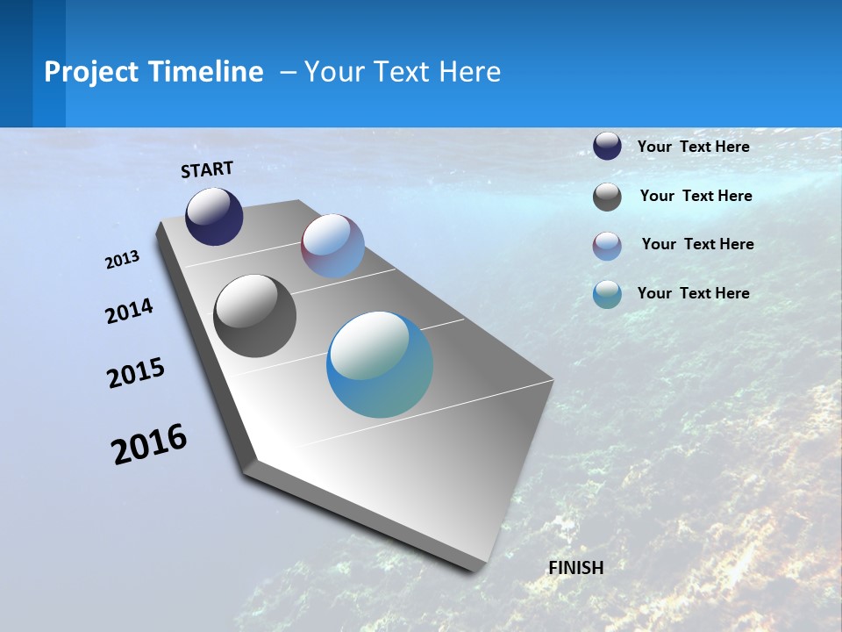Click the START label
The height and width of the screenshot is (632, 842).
coord(207,169)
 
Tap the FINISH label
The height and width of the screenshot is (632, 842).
coord(576,568)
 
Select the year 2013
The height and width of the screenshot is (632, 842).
coord(123,260)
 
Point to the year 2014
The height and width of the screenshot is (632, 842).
coord(130,311)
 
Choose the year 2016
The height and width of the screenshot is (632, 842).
coord(149,444)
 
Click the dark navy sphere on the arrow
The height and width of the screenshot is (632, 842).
coord(214,217)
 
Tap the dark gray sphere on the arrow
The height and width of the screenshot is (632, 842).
coord(254,316)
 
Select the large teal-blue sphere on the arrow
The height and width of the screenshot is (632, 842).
coord(380,364)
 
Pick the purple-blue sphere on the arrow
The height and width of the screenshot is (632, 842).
coord(332,246)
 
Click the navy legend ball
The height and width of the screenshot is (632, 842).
coord(607,146)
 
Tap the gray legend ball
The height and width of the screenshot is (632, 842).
coord(607,197)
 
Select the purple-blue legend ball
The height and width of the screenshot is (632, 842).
coord(607,246)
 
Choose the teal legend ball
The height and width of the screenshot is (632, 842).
coord(607,294)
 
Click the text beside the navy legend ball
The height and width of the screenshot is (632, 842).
coord(693,147)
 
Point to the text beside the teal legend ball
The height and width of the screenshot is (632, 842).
coord(693,293)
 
